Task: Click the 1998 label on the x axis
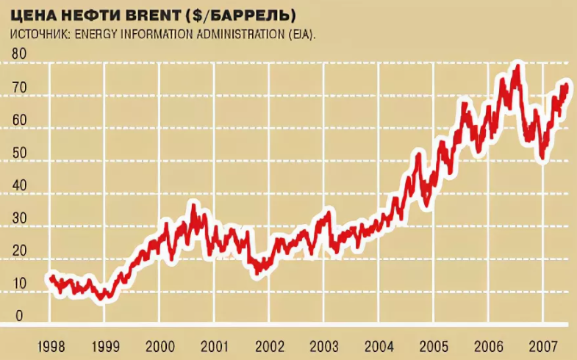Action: (51, 346)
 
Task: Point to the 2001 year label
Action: (214, 346)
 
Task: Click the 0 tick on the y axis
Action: (20, 316)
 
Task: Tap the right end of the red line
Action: (567, 86)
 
